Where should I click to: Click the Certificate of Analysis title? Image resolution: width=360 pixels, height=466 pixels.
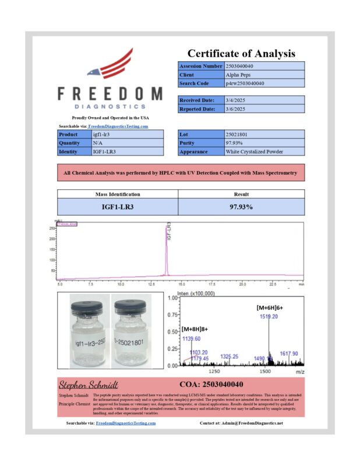(241, 54)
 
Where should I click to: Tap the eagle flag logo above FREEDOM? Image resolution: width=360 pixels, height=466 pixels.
(110, 65)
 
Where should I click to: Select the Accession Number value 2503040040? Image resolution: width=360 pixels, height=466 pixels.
(239, 66)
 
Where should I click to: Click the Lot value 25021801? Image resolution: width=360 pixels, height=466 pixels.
(237, 134)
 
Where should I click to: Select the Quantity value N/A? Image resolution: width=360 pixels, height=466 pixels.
(98, 143)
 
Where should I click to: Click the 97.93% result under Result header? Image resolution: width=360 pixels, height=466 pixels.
(241, 207)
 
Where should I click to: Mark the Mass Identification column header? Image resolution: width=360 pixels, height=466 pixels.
(117, 195)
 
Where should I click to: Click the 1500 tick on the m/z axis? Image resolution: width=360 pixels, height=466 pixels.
(265, 370)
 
